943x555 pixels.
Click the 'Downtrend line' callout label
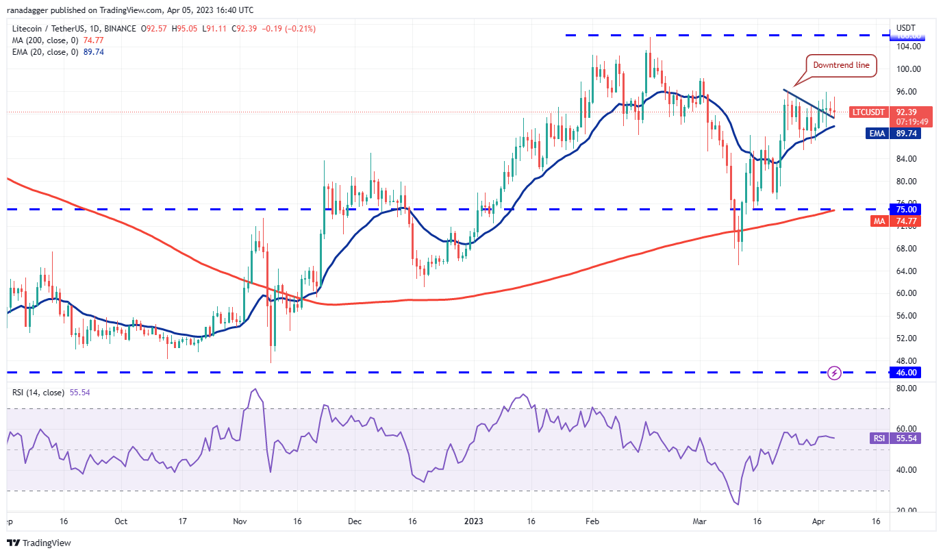click(841, 65)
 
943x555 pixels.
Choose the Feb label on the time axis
click(592, 521)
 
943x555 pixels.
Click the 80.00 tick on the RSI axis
click(905, 388)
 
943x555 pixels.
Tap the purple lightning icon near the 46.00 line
click(834, 373)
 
